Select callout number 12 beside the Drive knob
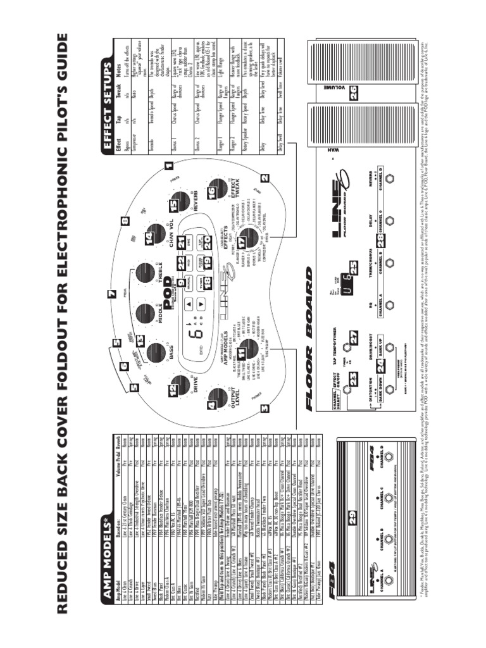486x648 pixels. [173, 392]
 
